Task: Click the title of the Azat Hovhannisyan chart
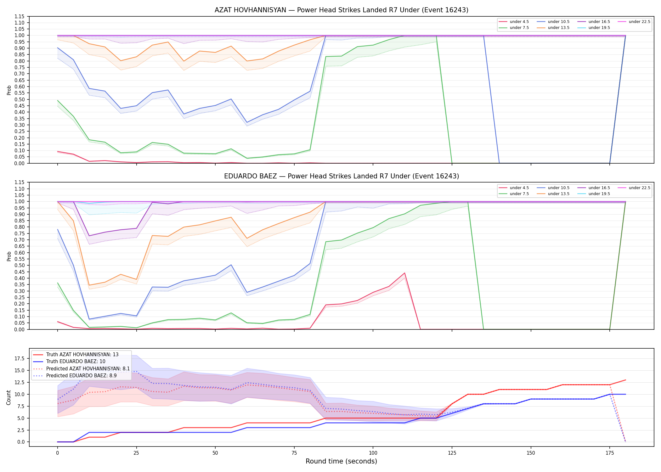coord(342,10)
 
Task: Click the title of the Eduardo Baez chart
coord(342,176)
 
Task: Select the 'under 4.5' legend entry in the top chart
coord(514,22)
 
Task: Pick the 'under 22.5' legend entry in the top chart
coord(634,22)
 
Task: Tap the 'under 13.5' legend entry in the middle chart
coord(553,194)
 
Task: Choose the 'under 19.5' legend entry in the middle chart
coord(594,194)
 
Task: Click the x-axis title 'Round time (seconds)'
coord(342,461)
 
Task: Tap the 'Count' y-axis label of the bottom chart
coord(9,397)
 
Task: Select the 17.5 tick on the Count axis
coord(20,358)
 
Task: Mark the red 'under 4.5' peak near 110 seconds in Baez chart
coord(404,273)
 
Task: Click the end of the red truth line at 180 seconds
coord(625,380)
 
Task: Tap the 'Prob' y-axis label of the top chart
coord(9,90)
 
